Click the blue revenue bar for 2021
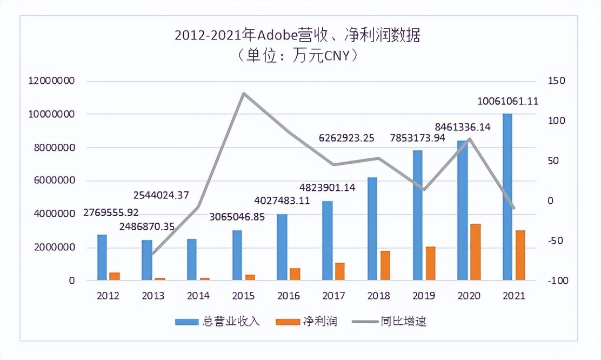click(x=507, y=197)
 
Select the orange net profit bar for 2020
click(x=475, y=252)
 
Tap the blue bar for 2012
click(x=102, y=257)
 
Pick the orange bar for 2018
click(x=385, y=265)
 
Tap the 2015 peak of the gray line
click(x=244, y=94)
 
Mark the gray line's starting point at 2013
click(x=153, y=254)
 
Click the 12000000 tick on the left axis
click(x=51, y=81)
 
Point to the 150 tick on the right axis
click(x=556, y=81)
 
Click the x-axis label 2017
click(x=333, y=296)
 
